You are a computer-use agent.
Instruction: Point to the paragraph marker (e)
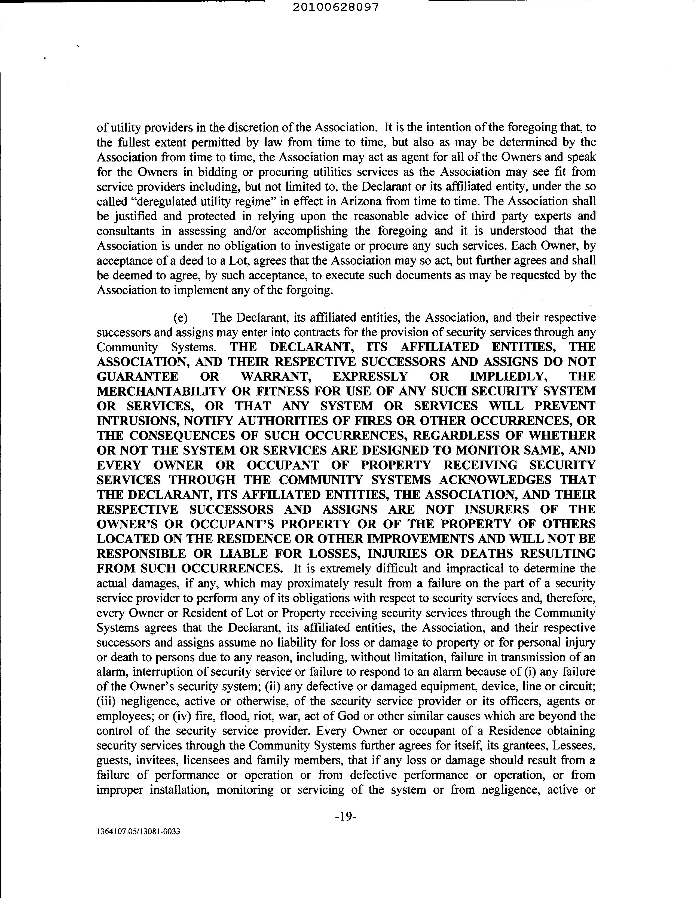[181, 317]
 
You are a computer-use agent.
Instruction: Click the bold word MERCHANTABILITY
[161, 391]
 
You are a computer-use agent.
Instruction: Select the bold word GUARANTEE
[137, 376]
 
